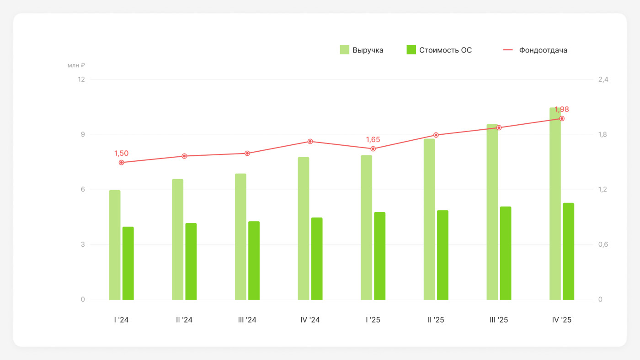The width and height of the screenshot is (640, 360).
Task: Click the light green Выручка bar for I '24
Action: pos(115,245)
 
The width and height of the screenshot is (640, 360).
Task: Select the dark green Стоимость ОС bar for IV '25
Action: pos(568,251)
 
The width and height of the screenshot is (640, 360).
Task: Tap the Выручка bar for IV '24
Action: pos(304,228)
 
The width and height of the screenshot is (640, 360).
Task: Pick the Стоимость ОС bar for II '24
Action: pos(191,261)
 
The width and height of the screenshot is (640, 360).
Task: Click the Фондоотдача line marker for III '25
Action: pos(499,127)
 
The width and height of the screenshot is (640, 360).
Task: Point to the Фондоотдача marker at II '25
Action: pos(436,135)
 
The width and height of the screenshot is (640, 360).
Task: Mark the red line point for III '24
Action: pos(247,154)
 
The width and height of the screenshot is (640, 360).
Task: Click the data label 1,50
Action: pos(122,154)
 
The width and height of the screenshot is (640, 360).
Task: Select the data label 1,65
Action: pos(373,140)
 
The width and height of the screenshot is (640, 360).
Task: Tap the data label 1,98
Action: pos(562,109)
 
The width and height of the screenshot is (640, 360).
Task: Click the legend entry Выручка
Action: pos(362,50)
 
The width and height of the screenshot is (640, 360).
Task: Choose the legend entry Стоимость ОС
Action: pos(439,50)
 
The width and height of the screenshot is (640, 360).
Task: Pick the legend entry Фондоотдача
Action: pos(535,50)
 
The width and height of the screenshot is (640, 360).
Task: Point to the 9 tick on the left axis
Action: pos(83,134)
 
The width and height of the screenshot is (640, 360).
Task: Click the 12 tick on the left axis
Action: pos(81,79)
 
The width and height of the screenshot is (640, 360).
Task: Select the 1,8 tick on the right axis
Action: pos(603,134)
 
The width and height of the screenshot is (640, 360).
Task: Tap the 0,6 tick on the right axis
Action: pos(603,244)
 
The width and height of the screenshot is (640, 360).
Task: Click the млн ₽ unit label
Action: pos(76,65)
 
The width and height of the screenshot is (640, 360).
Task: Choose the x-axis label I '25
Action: pos(373,320)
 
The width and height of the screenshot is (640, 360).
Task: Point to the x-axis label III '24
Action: pos(247,320)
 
